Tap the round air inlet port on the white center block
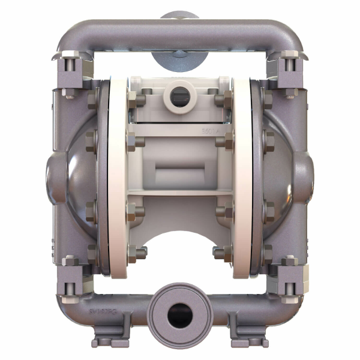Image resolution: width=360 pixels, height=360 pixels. coord(179,94)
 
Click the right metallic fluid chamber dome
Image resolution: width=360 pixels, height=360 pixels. coord(280,174)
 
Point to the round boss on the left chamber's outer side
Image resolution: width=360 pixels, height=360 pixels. coord(53,174)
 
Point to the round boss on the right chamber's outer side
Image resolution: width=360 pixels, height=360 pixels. coord(306,174)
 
